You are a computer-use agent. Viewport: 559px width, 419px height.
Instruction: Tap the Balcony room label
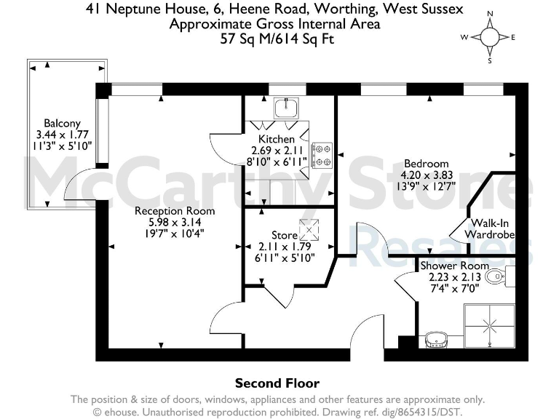point(62,123)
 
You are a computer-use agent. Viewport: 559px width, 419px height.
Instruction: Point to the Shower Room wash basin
point(437,338)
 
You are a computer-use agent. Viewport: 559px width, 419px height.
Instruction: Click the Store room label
point(285,235)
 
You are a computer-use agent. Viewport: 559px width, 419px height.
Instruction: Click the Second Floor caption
point(277,383)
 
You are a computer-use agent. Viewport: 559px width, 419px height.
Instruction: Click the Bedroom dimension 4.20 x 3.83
point(428,175)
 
